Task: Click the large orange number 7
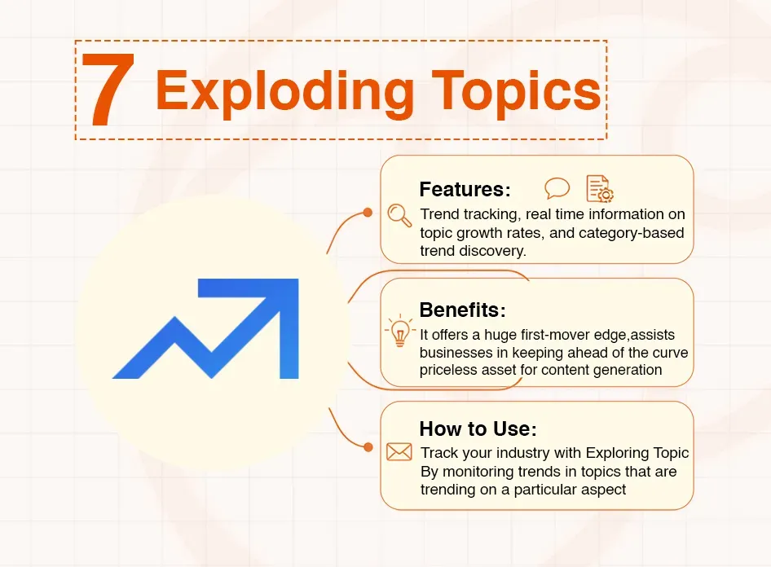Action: coord(108,90)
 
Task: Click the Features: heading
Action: coord(465,190)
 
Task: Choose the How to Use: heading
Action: coord(478,429)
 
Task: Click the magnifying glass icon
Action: coord(399,214)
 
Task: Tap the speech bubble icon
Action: coord(557,188)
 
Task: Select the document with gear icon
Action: coord(600,188)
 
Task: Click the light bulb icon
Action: coord(399,332)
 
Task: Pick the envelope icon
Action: coord(399,451)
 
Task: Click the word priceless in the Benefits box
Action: coord(447,370)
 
